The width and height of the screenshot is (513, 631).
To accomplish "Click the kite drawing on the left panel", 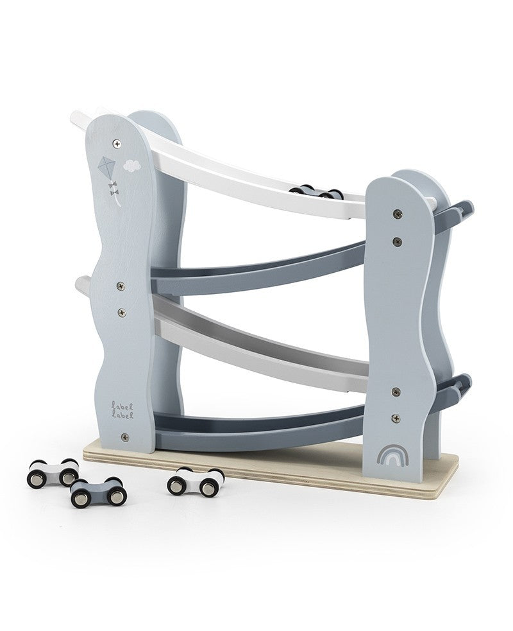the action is tap(108, 168).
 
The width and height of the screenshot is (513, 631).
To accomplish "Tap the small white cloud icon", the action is tap(133, 166).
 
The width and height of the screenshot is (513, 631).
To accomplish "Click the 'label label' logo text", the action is tap(123, 409).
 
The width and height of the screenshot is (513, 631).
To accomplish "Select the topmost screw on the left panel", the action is tap(117, 143).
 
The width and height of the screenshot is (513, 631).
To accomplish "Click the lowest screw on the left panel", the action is tap(124, 437).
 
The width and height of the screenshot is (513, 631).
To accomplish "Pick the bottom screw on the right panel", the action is tap(396, 417).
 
